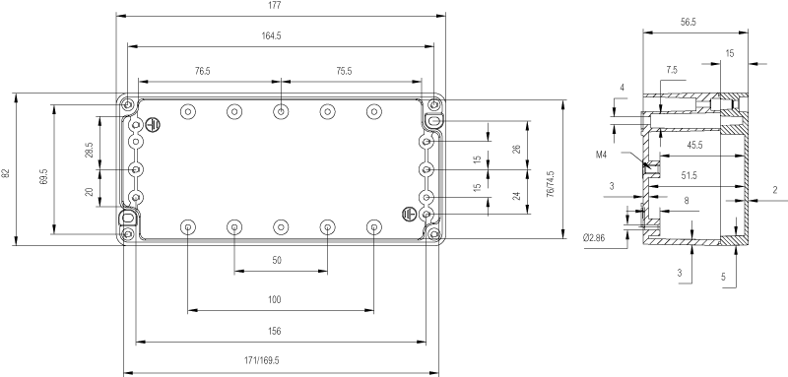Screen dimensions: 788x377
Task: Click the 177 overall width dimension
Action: coord(275,6)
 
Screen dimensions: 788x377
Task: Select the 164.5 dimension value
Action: coord(272,36)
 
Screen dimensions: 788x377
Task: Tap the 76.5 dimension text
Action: coord(203,71)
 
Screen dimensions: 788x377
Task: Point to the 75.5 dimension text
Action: coord(344,71)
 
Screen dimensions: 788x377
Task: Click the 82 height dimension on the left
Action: coord(6,173)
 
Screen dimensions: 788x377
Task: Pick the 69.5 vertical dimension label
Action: coord(43,177)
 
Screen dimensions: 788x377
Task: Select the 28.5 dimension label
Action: coord(89,150)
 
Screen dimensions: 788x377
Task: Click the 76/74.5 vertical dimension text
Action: coord(551,184)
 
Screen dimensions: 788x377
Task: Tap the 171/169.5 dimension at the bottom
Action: coord(262,360)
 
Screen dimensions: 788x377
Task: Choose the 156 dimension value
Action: coord(275,331)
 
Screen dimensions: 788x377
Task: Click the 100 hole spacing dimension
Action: coord(275,300)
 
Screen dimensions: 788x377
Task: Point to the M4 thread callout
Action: coord(602,156)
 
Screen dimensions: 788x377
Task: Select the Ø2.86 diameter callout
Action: coord(594,238)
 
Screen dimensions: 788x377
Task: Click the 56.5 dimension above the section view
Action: coord(689,22)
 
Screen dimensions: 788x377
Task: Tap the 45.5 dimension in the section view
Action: coord(695,146)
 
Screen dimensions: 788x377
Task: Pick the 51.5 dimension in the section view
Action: coord(689,175)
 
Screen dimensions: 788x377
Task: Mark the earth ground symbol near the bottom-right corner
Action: coord(409,215)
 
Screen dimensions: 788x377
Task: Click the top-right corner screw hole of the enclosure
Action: coord(434,105)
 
